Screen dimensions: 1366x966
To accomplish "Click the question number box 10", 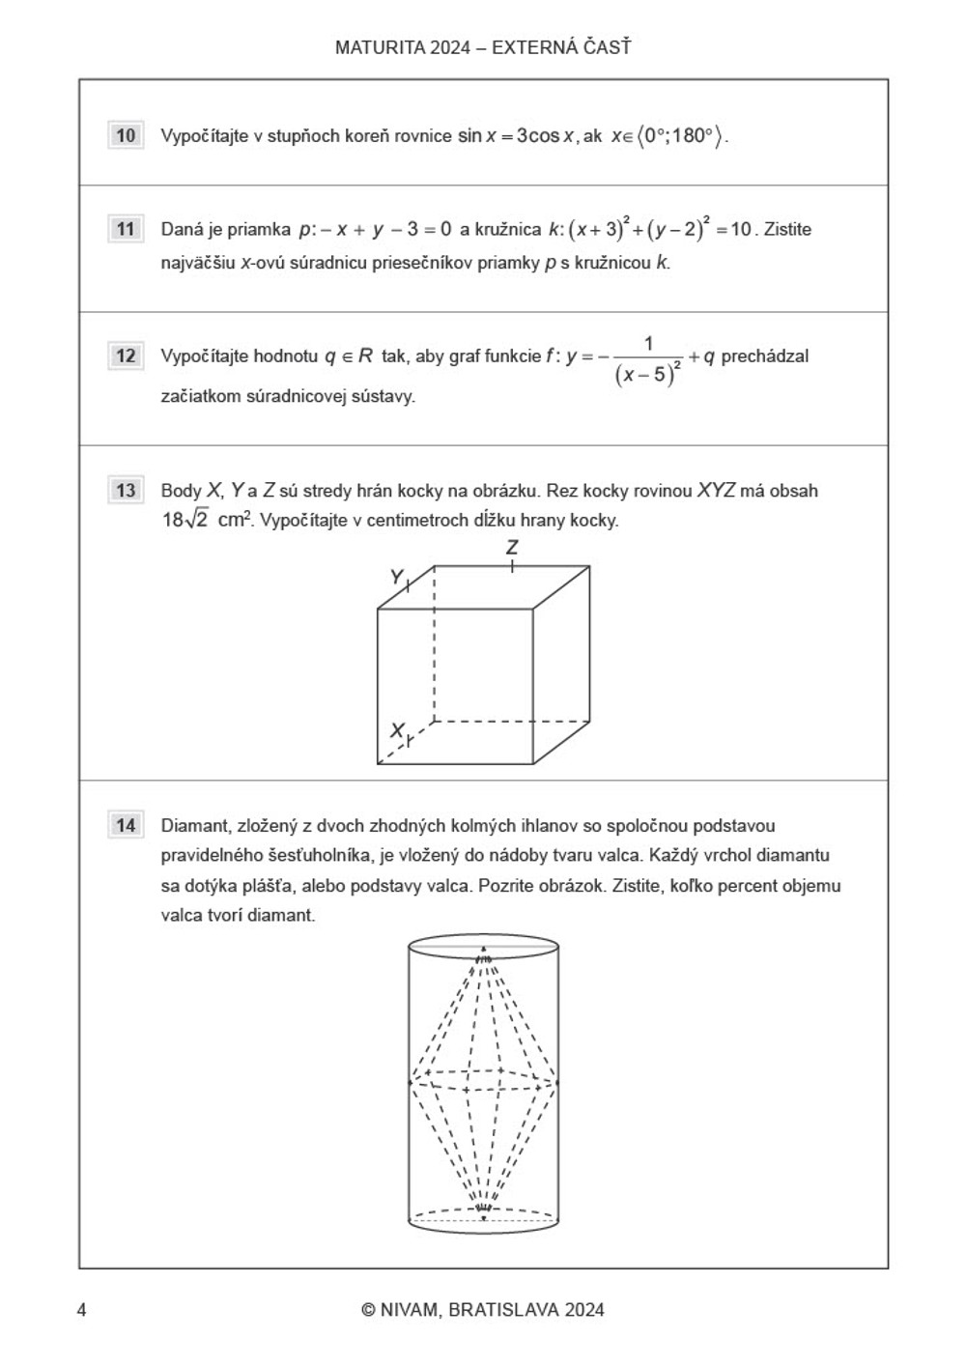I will coord(126,135).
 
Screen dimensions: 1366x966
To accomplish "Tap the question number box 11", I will coord(126,229).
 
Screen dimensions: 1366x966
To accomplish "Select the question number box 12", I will coord(126,356).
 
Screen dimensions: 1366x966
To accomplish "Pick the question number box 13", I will coord(126,490).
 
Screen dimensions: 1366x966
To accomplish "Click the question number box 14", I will coord(126,825).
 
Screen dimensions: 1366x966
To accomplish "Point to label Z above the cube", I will coord(512,547).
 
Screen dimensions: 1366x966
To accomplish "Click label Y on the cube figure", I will coord(396,577).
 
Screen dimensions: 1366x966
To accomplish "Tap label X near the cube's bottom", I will coord(396,730).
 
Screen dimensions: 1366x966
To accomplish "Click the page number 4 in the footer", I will coord(82,1310).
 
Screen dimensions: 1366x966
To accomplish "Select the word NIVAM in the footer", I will coord(409,1310).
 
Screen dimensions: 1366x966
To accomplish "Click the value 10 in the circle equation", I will coord(741,229).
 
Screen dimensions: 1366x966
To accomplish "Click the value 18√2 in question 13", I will coord(185,520).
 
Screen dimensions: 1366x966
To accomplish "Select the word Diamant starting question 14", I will coord(194,826).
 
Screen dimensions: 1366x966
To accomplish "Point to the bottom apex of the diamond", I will coord(483,1207).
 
